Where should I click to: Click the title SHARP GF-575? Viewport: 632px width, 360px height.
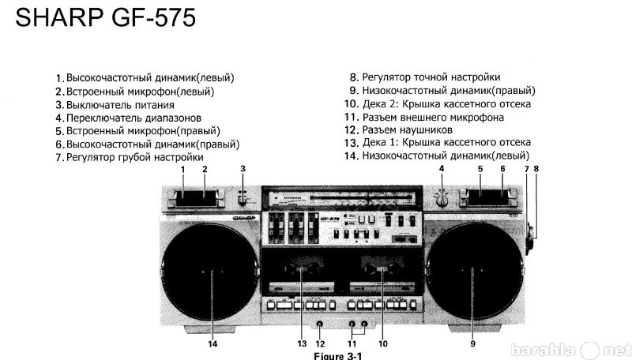[x=106, y=18]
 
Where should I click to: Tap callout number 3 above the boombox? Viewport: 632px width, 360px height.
[x=243, y=168]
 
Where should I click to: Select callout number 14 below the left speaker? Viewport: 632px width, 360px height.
[x=213, y=343]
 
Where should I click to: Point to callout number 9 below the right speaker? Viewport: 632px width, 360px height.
[x=472, y=343]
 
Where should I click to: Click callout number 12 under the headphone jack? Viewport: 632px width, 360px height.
[x=320, y=343]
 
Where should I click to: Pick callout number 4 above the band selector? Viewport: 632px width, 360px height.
[x=442, y=168]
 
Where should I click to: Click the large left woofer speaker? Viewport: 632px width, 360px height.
[x=210, y=272]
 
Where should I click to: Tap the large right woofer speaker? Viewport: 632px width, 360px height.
[x=474, y=272]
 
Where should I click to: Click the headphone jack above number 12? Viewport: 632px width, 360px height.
[x=320, y=324]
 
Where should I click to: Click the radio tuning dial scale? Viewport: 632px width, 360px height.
[x=342, y=198]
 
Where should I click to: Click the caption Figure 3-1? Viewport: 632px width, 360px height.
[x=338, y=356]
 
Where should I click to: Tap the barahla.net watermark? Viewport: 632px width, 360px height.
[x=570, y=351]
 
